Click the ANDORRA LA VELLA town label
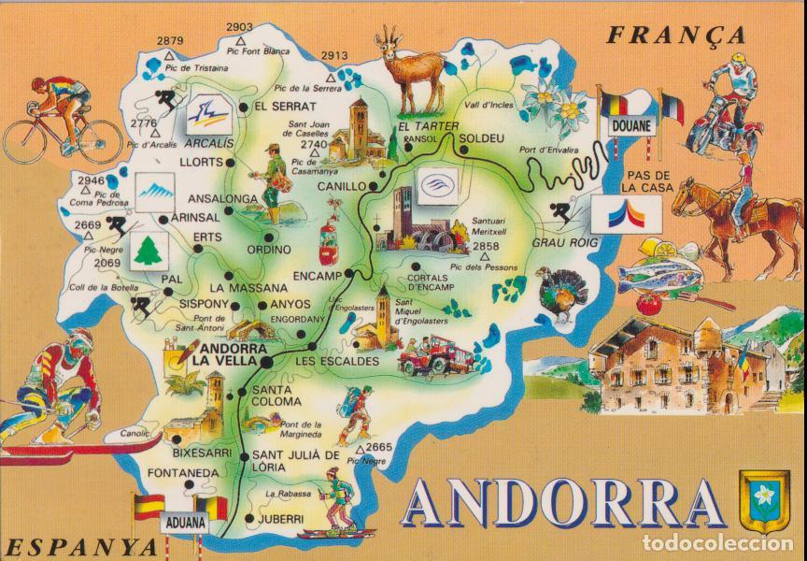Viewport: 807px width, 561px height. [x=221, y=352]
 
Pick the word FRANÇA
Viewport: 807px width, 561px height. [x=676, y=36]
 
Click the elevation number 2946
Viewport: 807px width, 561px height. [x=91, y=180]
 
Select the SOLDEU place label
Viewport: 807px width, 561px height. [x=482, y=138]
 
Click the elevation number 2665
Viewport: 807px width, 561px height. [x=378, y=447]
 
